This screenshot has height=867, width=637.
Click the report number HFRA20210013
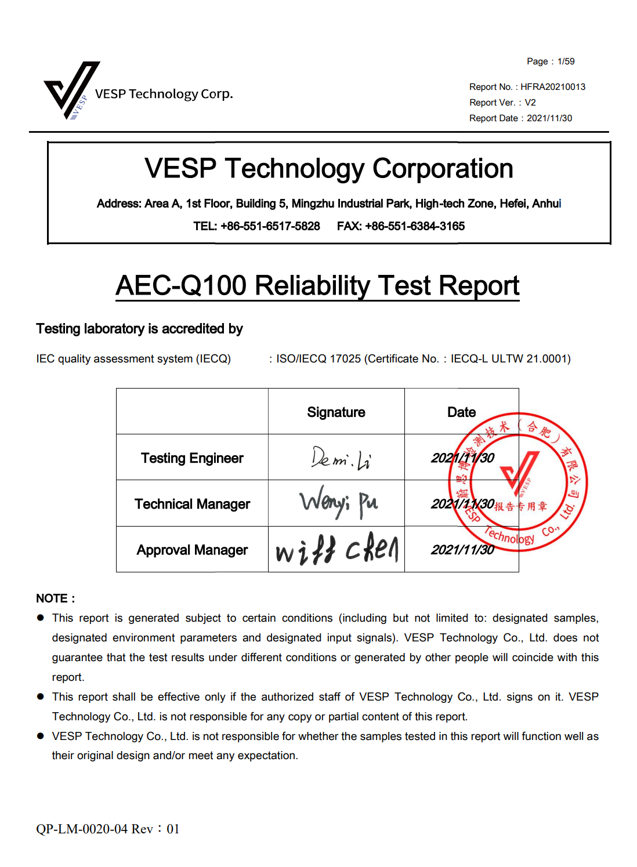point(553,87)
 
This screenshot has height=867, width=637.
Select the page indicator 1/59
point(566,61)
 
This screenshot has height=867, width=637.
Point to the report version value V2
point(530,103)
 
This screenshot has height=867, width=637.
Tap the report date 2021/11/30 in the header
point(549,118)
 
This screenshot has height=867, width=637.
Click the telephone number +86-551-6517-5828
point(270,226)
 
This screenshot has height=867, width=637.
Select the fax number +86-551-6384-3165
point(415,226)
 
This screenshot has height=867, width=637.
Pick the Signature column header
point(336,412)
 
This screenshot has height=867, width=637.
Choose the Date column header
point(461,412)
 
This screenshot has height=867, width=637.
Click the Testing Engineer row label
point(192,458)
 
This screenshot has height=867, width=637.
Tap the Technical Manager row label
point(192,504)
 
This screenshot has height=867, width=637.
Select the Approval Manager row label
point(192,550)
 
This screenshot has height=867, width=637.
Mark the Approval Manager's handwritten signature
point(337,550)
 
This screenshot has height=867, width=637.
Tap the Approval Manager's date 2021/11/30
point(462,550)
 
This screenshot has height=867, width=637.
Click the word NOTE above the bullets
point(52,598)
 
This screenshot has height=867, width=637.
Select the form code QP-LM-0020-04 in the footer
point(82,829)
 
